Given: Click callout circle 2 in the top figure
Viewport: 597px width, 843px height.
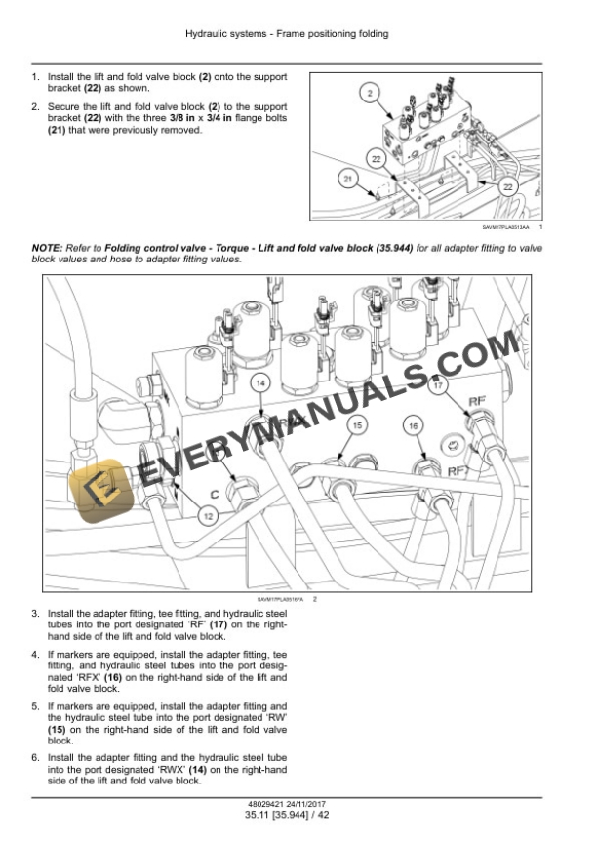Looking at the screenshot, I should [x=371, y=94].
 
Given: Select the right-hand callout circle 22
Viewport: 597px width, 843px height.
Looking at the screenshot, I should [x=508, y=186].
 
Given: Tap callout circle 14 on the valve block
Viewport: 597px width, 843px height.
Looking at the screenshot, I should [x=260, y=384].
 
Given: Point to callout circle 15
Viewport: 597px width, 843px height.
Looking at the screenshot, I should [x=358, y=426].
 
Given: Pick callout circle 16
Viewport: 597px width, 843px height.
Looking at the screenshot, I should [x=414, y=426].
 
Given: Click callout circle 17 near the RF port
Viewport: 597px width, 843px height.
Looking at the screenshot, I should [x=439, y=385].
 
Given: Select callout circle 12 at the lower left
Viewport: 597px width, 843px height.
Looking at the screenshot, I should [x=208, y=511].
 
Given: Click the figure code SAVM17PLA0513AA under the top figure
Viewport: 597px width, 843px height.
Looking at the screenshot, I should [x=505, y=227].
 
